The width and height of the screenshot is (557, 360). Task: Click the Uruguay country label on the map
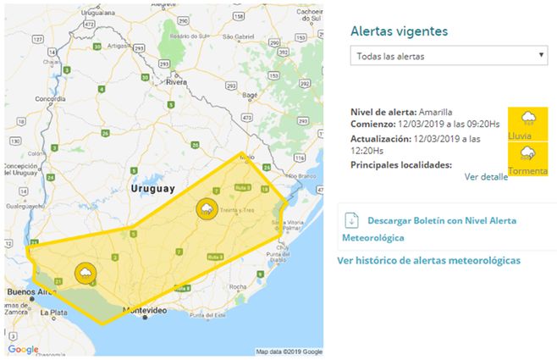(153, 187)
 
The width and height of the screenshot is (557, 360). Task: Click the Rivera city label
(177, 82)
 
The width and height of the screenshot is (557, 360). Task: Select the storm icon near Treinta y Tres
(207, 208)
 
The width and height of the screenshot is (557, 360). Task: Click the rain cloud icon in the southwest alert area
(85, 273)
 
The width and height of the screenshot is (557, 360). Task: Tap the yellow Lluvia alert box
(527, 124)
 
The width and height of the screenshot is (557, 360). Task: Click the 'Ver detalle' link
(486, 177)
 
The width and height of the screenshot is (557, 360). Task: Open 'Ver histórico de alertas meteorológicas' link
(428, 260)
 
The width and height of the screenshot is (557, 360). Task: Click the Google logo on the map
(23, 349)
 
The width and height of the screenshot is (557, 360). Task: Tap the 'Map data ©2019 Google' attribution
(289, 352)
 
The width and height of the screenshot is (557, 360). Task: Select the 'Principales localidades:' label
(400, 165)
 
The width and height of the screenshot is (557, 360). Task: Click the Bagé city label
(251, 96)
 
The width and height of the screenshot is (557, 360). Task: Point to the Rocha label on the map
(237, 287)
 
